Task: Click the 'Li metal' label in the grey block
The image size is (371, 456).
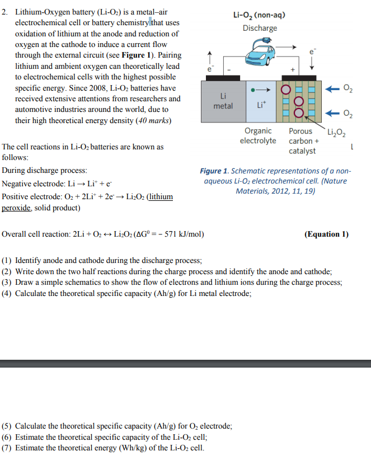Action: (x=223, y=101)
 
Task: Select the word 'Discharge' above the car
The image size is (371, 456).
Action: (x=260, y=28)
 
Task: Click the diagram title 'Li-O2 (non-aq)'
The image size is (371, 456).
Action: (x=260, y=15)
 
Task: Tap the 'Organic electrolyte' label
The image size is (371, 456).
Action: (x=258, y=135)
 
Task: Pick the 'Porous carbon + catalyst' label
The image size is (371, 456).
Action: (x=303, y=140)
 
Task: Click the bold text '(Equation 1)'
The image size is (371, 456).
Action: (x=326, y=234)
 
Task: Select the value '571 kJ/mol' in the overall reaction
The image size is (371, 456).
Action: (x=184, y=234)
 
